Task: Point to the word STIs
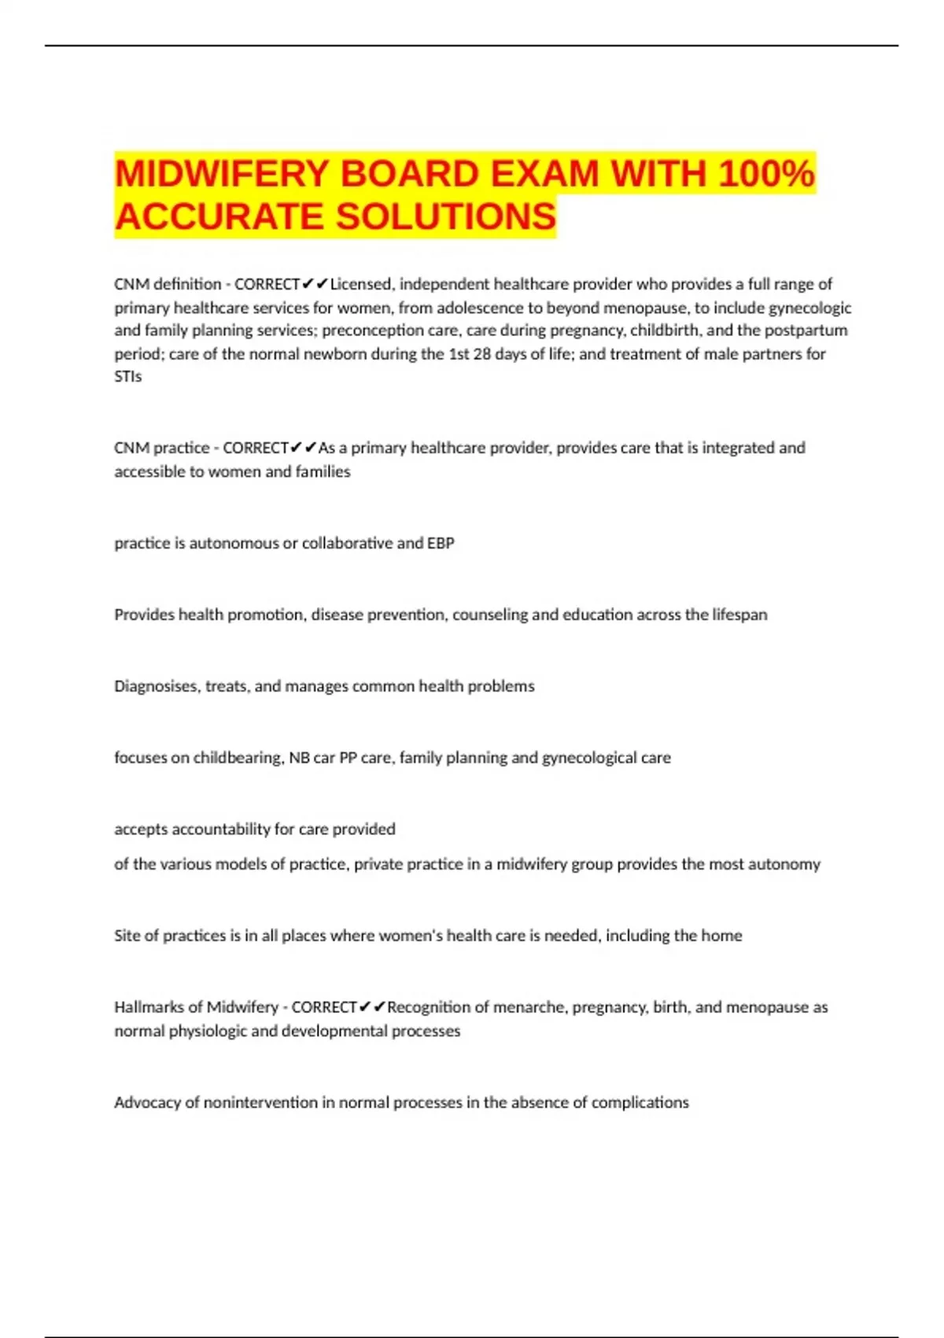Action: pyautogui.click(x=127, y=377)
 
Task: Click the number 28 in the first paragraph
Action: pyautogui.click(x=483, y=354)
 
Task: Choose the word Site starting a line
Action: pyautogui.click(x=126, y=936)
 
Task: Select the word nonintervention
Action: pyautogui.click(x=260, y=1103)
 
